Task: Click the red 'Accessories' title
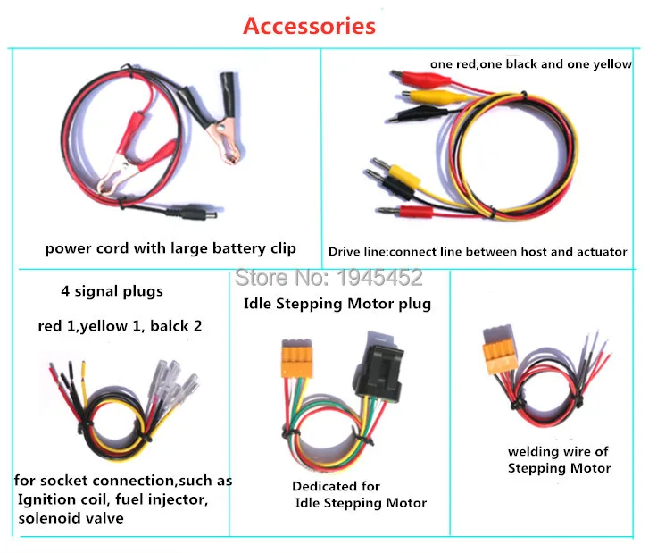pos(309,25)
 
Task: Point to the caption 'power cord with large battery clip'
pos(170,248)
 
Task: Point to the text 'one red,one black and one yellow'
pos(531,64)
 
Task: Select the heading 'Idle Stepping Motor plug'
pos(337,304)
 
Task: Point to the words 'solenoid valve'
pos(71,518)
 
